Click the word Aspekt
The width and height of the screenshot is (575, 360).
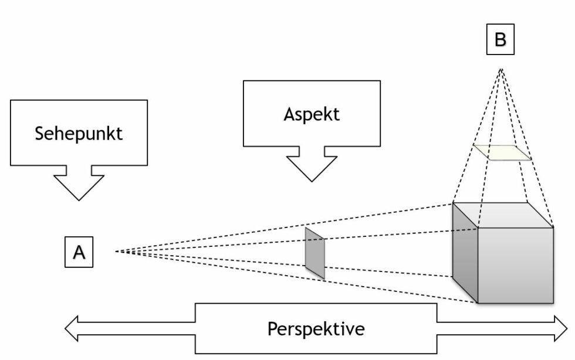click(311, 113)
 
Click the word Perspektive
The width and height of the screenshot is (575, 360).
click(316, 328)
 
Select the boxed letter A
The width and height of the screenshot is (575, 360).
click(79, 252)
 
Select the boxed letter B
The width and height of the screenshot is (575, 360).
click(500, 40)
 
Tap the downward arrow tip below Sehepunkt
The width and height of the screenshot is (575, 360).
click(79, 198)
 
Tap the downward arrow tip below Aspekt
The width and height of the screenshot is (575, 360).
click(311, 179)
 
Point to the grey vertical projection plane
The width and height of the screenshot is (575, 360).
click(314, 253)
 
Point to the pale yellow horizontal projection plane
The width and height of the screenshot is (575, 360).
click(502, 152)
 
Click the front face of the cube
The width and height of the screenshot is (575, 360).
click(516, 264)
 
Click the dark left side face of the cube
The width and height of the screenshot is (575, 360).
click(465, 252)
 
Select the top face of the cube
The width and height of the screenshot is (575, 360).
click(502, 214)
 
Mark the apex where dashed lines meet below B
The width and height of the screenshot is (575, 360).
click(500, 69)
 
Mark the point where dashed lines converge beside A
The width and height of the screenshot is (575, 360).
click(116, 252)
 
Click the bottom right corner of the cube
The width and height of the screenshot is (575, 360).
click(553, 303)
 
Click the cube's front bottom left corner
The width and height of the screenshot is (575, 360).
click(479, 303)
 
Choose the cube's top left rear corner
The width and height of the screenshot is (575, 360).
click(453, 203)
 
